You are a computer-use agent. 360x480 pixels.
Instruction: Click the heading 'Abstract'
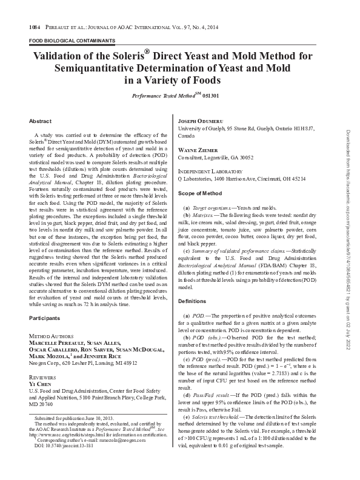point(40,121)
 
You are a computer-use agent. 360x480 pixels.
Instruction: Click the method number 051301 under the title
point(211,96)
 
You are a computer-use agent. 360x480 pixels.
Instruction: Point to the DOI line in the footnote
point(61,462)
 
